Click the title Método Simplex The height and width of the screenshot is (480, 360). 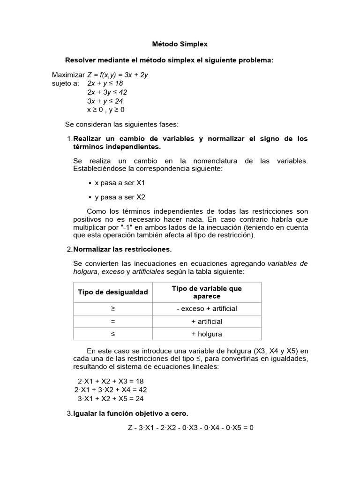[x=180, y=44]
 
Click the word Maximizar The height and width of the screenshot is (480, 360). [x=68, y=75]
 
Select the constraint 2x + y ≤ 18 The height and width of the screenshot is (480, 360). [x=105, y=83]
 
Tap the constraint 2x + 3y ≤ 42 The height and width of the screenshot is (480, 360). [x=107, y=92]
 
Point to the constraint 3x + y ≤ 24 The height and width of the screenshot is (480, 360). [x=105, y=101]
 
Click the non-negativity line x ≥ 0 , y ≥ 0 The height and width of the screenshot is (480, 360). [x=106, y=110]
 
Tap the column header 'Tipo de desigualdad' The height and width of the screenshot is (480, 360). [x=112, y=292]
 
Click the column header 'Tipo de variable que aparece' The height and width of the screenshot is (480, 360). [x=207, y=292]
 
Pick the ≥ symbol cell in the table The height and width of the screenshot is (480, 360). [x=112, y=308]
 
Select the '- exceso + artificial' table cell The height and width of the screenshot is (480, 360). [x=207, y=308]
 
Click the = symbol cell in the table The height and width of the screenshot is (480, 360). [x=112, y=322]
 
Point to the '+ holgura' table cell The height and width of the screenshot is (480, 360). [x=207, y=334]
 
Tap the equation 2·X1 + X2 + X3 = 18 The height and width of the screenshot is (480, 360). [x=110, y=381]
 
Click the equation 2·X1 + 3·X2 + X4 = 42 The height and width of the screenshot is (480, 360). [x=111, y=390]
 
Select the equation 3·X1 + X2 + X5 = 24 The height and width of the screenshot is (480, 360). [x=111, y=399]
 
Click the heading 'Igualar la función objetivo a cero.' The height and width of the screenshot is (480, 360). [x=131, y=413]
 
